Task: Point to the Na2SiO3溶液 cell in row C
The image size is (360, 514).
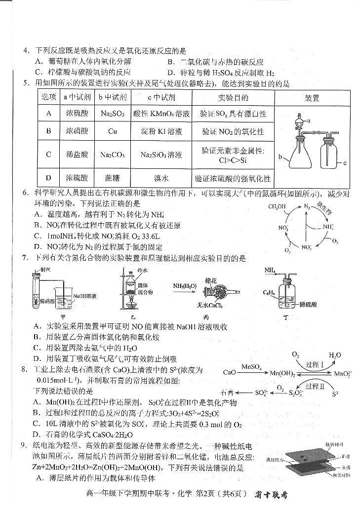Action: tap(161, 155)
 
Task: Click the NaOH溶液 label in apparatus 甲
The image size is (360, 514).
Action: tap(85, 296)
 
